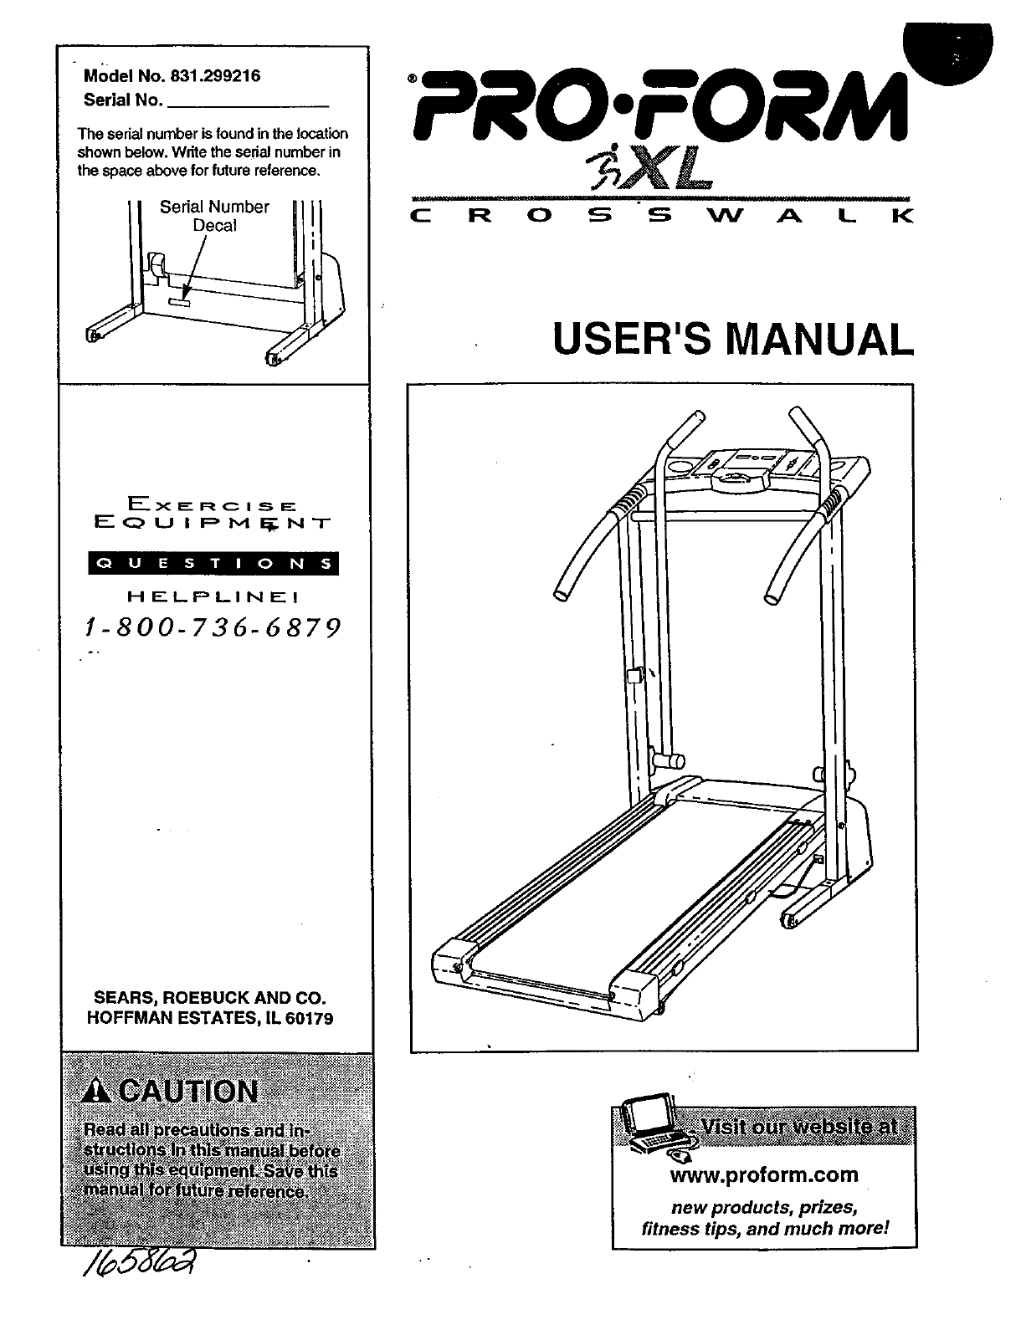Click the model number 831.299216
coord(214,75)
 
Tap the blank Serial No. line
coord(249,102)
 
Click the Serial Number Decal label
coord(214,216)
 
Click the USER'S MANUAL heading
coord(732,340)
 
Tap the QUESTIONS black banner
coord(213,564)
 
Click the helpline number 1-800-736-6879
coord(213,627)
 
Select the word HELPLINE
coord(213,597)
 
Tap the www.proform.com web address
coord(764,1174)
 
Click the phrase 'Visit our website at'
coord(798,1126)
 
